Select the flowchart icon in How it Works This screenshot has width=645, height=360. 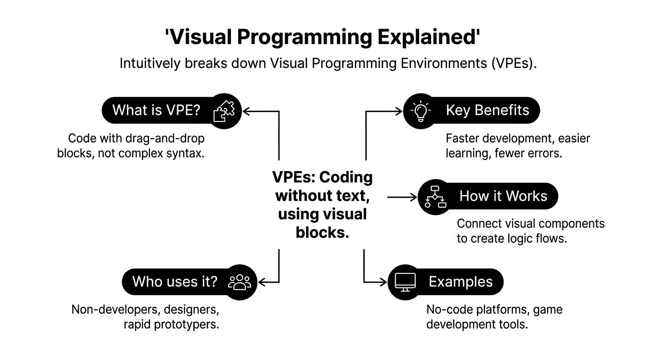[435, 196]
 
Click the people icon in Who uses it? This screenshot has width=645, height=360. [240, 281]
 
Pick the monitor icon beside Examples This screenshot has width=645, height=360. [405, 281]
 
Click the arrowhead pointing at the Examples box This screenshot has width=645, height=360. [383, 282]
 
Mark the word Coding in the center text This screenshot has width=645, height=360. [346, 177]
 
